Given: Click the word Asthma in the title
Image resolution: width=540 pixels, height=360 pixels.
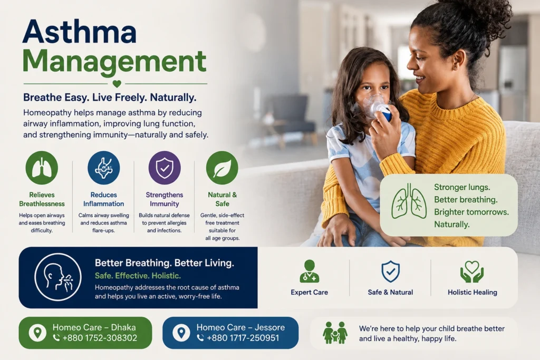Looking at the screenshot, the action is click(x=80, y=32).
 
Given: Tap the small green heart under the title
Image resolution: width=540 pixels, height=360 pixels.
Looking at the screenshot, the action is click(x=117, y=83).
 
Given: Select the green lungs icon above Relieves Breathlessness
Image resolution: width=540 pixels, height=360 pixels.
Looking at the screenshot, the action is click(x=42, y=168).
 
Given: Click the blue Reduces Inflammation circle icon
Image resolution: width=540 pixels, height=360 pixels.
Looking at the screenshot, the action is click(x=104, y=168).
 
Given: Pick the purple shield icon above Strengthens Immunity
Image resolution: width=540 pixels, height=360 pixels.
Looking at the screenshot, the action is click(x=165, y=168).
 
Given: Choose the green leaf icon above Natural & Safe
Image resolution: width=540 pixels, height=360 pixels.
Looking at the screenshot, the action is click(x=222, y=168).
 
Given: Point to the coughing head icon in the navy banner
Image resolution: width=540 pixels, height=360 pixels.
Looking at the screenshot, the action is click(x=58, y=277).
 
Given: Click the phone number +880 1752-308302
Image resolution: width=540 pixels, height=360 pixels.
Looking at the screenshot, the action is click(x=100, y=338).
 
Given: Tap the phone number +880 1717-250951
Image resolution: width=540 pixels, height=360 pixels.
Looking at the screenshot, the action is click(x=243, y=338).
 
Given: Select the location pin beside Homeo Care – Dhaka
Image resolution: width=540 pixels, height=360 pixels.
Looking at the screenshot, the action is click(x=37, y=333).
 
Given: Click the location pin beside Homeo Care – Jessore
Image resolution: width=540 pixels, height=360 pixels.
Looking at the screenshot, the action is click(x=181, y=333).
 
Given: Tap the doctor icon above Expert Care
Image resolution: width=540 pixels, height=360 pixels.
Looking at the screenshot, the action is click(x=309, y=271).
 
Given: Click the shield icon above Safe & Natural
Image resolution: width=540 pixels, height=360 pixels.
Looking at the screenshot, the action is click(x=391, y=271).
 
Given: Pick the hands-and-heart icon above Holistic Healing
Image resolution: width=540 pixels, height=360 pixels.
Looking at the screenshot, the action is click(x=472, y=271).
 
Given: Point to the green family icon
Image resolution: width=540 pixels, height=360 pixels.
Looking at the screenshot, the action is click(x=335, y=333).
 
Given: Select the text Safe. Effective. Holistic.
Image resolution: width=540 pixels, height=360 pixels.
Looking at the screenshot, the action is click(x=138, y=276).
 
